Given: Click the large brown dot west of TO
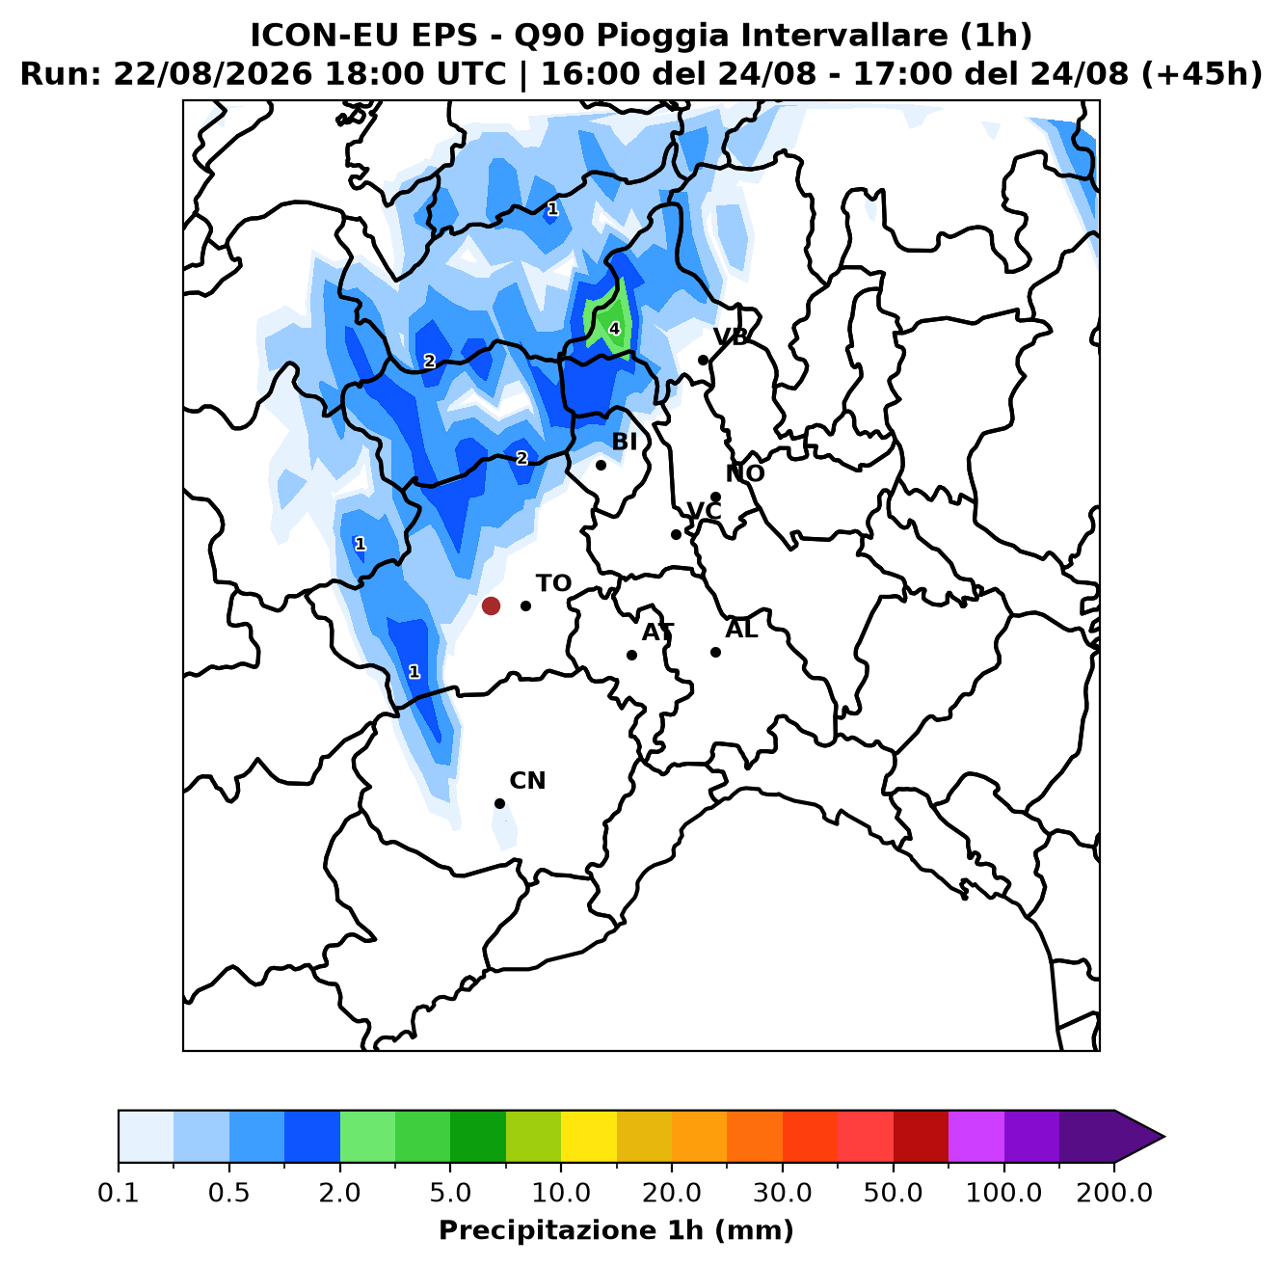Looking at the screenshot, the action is tap(491, 606).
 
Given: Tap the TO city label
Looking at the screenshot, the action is tap(553, 583).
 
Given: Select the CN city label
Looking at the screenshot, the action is tap(527, 781).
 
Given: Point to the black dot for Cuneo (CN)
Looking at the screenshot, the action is tap(499, 803).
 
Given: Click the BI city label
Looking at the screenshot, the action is tap(624, 441).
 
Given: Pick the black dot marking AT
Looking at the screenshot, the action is tap(631, 655).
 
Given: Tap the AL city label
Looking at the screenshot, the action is tap(741, 630).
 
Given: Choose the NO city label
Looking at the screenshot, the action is tap(744, 473).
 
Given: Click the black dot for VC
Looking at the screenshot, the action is tap(676, 534).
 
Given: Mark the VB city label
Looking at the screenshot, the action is tap(731, 337).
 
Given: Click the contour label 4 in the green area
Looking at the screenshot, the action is tap(614, 329).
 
